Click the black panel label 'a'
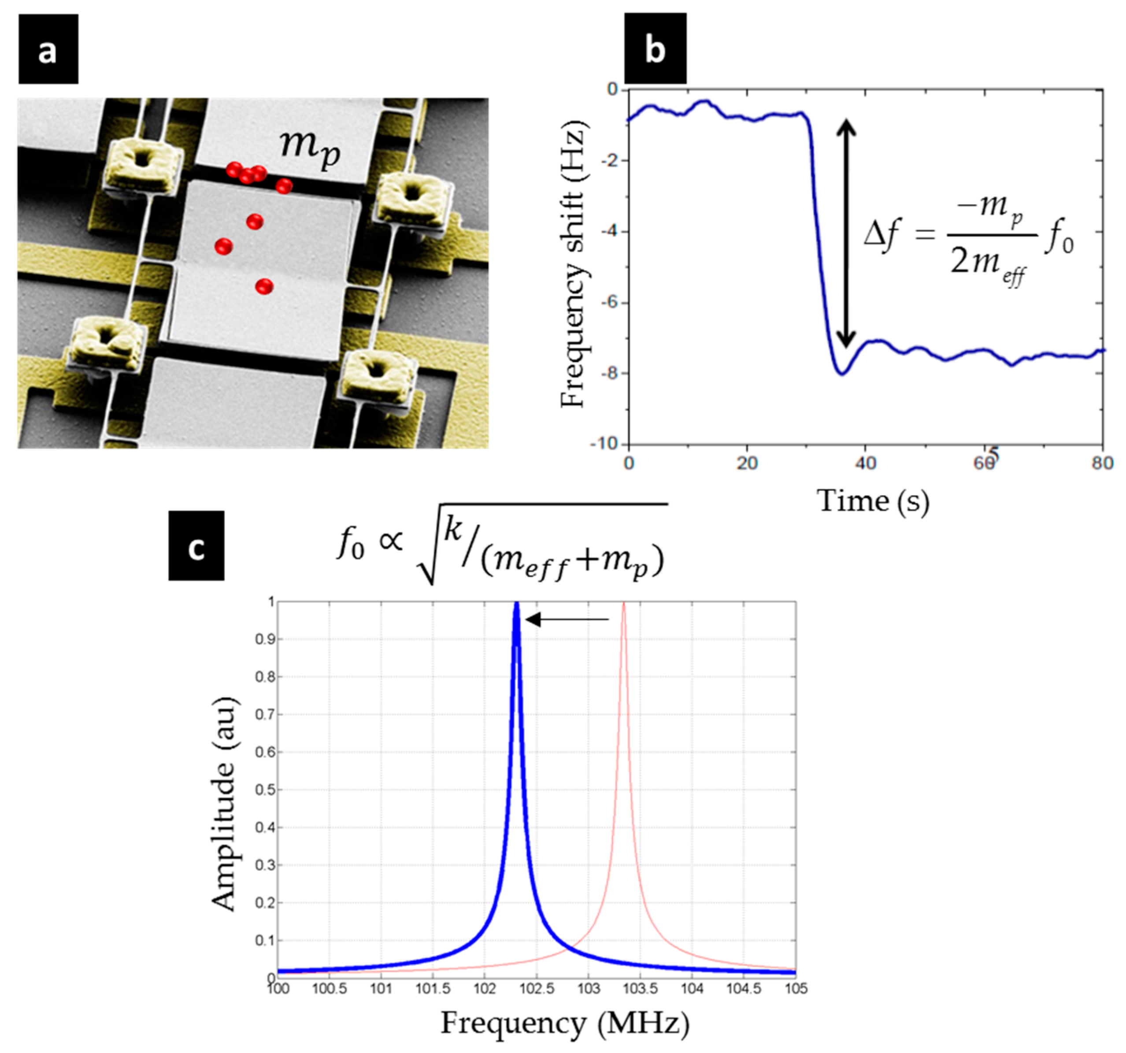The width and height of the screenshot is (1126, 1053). (48, 49)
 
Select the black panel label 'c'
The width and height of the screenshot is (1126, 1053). (196, 545)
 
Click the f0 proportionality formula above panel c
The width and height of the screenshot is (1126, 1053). (501, 544)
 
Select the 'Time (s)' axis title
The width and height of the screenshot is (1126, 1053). (872, 502)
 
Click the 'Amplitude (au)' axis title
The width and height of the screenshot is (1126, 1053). (224, 805)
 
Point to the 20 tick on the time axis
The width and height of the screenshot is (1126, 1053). (747, 463)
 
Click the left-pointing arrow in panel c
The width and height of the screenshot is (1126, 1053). (567, 619)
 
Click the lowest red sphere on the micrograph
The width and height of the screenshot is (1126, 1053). (264, 287)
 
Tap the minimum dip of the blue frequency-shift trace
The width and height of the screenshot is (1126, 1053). (842, 373)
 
